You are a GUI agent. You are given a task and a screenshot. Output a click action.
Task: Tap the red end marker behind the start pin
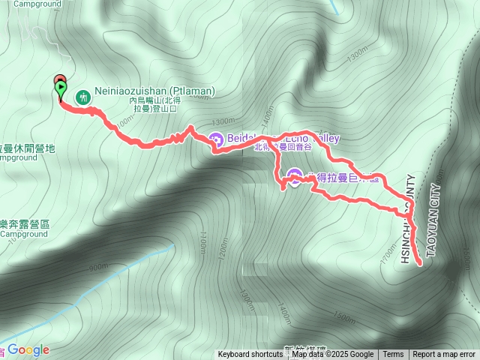[x=58, y=80]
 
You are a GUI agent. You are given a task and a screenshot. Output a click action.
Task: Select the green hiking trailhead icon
[x=82, y=96]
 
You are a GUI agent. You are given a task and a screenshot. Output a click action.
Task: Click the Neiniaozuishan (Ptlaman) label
[x=154, y=91]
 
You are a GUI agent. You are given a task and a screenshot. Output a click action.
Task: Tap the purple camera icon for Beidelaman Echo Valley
[x=216, y=139]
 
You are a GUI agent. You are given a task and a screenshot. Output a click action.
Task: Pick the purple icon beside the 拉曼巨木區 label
[x=295, y=177]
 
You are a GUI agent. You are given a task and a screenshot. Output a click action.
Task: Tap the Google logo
[x=28, y=349]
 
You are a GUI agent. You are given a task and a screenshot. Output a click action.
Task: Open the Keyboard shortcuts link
[x=250, y=355]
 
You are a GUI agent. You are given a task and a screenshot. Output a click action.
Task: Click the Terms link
[x=393, y=355]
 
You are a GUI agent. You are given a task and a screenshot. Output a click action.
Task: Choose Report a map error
[x=444, y=355]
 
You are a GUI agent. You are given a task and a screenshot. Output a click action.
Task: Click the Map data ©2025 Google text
[x=332, y=355]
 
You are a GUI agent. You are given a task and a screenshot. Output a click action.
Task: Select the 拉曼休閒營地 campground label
[x=27, y=148]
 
